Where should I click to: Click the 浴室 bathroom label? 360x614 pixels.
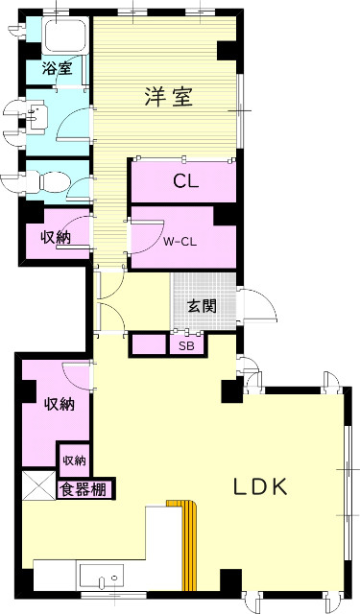[57, 68]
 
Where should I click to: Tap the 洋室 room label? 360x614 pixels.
[169, 96]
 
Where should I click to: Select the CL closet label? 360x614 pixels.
[185, 182]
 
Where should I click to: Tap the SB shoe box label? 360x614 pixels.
[185, 344]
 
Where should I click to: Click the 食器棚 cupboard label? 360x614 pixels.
[85, 490]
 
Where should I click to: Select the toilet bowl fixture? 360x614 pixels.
[48, 179]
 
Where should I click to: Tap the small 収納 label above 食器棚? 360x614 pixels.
[74, 460]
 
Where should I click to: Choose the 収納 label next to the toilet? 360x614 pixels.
[54, 237]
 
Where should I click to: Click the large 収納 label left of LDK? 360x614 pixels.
[58, 404]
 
